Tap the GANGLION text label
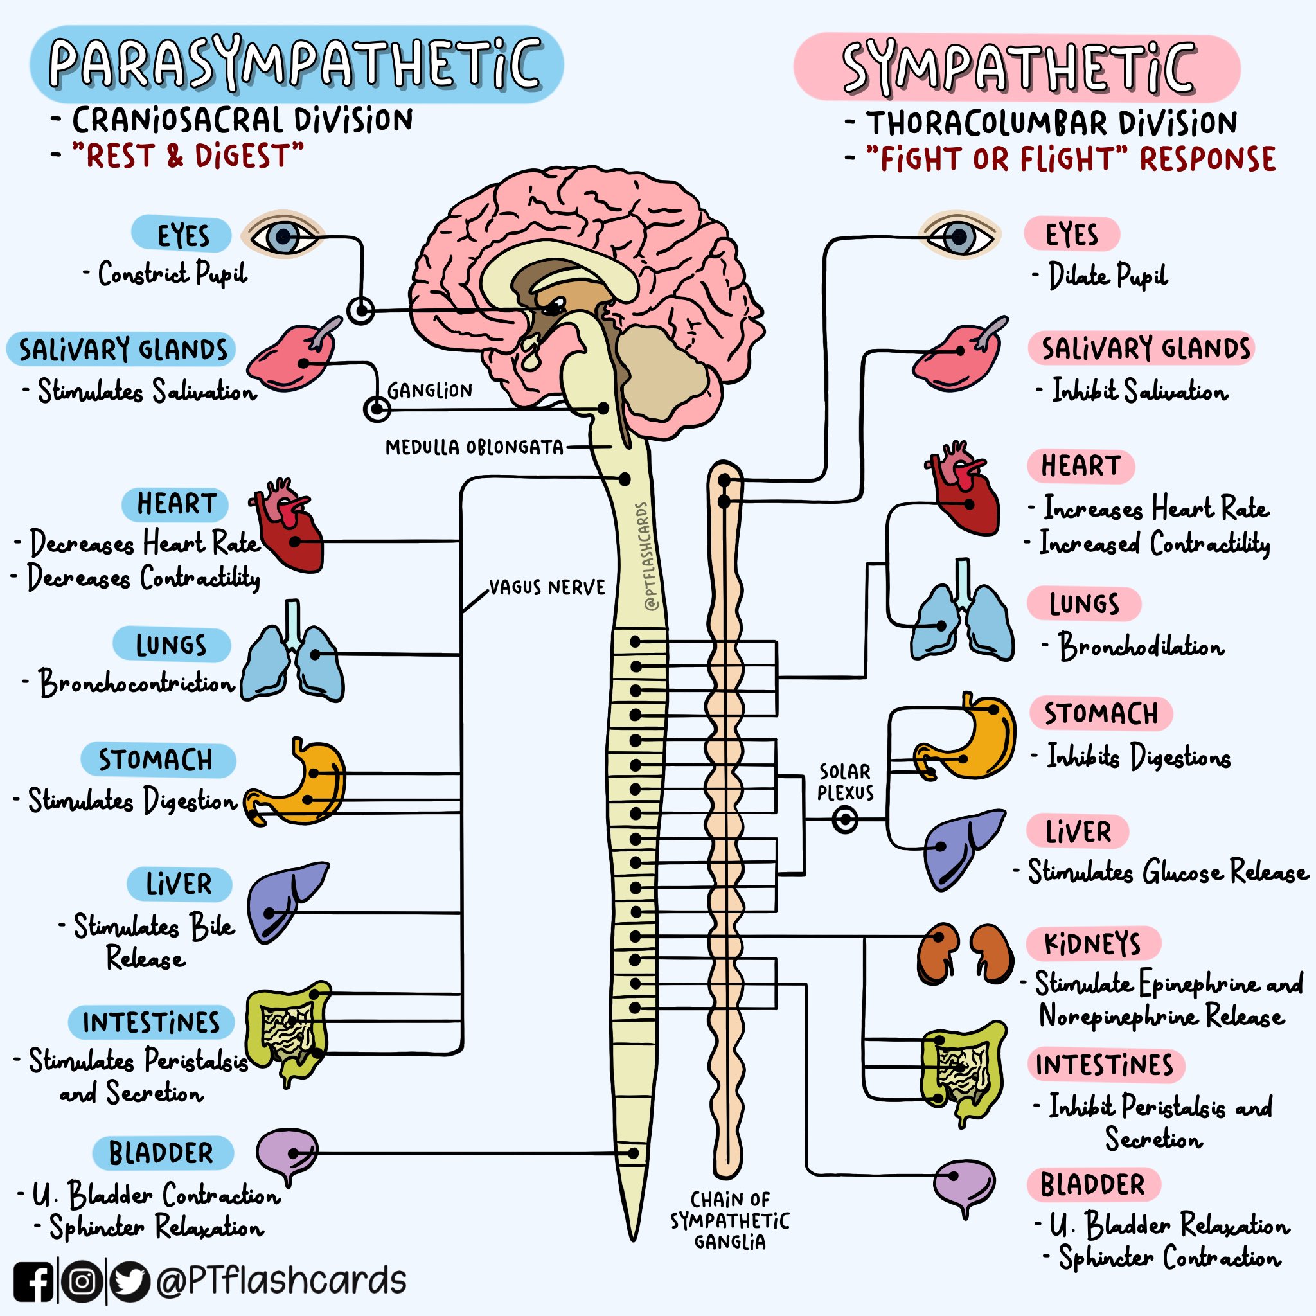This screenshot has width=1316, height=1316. coord(430,390)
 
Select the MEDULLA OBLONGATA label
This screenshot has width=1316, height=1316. coord(474,447)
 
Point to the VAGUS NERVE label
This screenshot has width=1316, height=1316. coord(547,587)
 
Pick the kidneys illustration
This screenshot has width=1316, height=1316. coord(964,953)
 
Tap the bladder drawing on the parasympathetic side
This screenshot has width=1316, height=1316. coord(287,1154)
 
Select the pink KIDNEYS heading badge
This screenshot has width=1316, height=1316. coord(1092,943)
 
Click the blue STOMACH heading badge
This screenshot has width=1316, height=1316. coord(157,760)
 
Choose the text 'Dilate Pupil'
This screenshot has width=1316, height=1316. coord(1107,276)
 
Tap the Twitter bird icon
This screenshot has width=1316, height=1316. coord(130,1281)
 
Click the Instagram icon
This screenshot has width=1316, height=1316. coord(82,1281)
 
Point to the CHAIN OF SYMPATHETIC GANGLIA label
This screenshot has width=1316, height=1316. coord(729,1221)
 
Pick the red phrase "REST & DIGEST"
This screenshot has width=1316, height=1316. coord(188,156)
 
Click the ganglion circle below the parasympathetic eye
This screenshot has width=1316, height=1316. coord(360,310)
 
